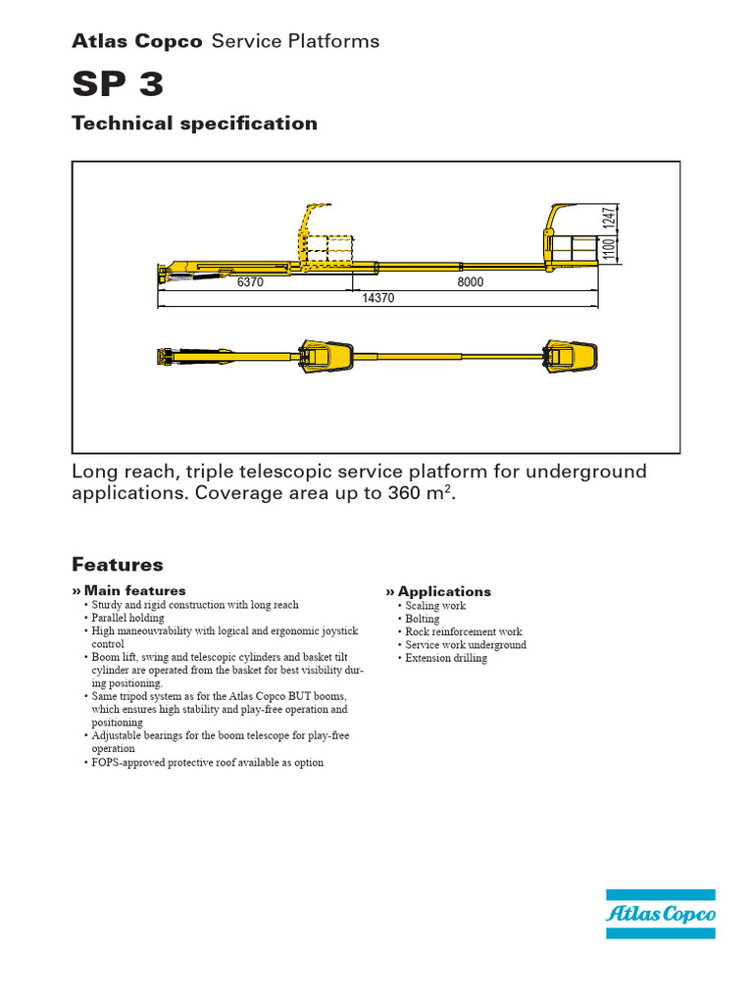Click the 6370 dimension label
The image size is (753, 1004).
pos(251,281)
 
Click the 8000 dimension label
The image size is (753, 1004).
pos(471,281)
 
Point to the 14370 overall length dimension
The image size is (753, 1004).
pos(377,298)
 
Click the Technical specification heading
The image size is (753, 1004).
pos(194,124)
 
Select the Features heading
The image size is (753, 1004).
pos(118,565)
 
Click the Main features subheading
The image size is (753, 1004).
pos(134,590)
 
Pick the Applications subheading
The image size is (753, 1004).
pos(444,591)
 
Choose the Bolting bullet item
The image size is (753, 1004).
pos(423,619)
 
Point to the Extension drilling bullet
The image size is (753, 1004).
pos(446,658)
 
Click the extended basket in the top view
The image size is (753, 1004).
pos(572,357)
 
